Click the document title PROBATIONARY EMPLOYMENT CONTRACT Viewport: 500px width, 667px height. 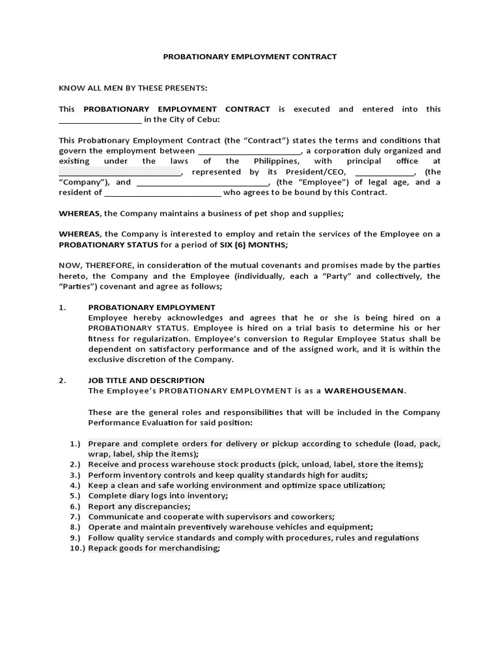point(249,57)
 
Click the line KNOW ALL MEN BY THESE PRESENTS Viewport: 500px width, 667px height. point(133,88)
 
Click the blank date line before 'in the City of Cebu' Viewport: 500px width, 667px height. point(100,121)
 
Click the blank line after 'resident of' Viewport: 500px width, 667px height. point(163,193)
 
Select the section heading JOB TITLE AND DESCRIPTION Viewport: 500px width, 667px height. point(146,380)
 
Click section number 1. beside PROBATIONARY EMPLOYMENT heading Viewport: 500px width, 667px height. point(62,307)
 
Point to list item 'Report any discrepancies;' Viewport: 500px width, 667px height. point(139,506)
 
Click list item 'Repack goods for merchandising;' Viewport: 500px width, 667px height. point(154,548)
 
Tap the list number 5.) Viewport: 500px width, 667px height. point(75,496)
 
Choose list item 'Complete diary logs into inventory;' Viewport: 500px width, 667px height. point(158,496)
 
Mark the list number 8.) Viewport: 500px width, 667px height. point(75,527)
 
